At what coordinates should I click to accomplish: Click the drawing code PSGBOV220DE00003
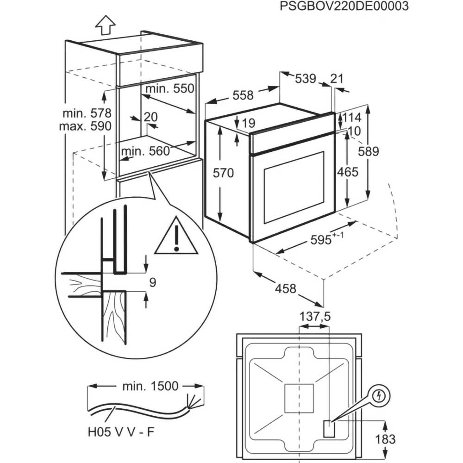[344, 6]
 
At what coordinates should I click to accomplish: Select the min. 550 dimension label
[169, 88]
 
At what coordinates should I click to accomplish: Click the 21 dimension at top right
[338, 79]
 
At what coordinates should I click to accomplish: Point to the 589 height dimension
[369, 151]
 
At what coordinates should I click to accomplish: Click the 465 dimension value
[348, 172]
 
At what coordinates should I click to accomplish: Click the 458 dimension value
[286, 288]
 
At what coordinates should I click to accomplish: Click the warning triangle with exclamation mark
[176, 238]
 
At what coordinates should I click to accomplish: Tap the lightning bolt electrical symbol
[380, 396]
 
